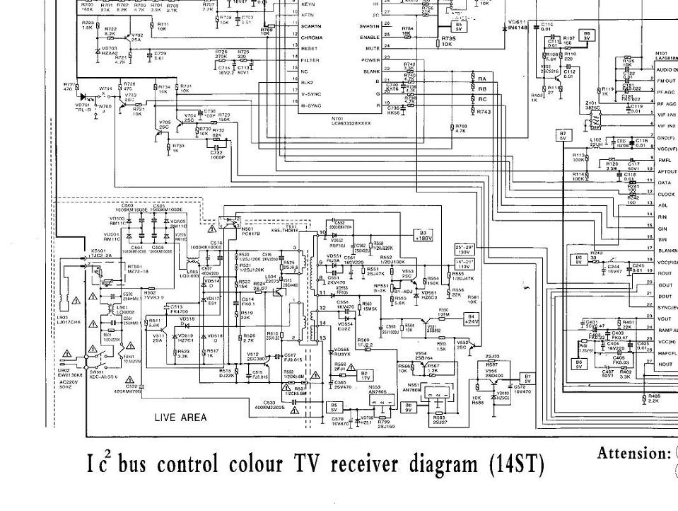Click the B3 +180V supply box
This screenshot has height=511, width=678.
click(423, 235)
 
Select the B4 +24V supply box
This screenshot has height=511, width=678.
click(472, 318)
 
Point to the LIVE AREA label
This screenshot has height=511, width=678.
click(181, 418)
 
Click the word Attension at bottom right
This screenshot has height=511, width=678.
click(633, 454)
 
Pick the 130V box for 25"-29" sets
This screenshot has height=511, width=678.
click(464, 250)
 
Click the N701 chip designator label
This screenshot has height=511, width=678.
click(340, 119)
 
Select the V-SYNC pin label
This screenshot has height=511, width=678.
click(312, 93)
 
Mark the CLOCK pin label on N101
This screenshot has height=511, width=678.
click(666, 194)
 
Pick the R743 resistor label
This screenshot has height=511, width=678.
click(484, 112)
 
